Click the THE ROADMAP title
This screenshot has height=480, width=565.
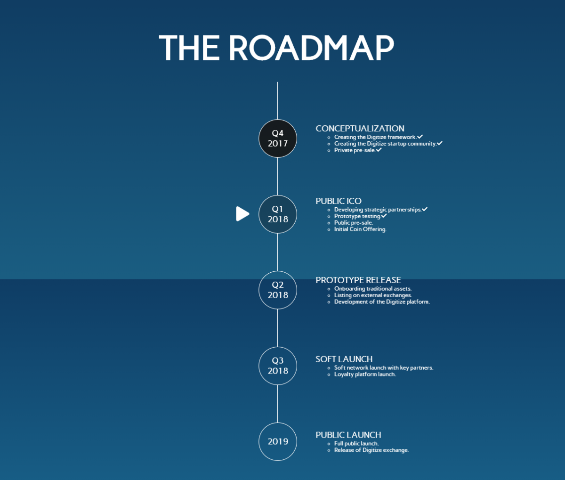[x=276, y=48]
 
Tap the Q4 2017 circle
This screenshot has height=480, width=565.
[x=278, y=138]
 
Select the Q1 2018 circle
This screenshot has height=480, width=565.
[x=278, y=214]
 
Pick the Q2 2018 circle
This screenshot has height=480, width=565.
[x=278, y=290]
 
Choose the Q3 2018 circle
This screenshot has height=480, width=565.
[x=278, y=366]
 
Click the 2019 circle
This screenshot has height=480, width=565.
[x=278, y=441]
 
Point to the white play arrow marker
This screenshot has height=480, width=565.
[x=242, y=213]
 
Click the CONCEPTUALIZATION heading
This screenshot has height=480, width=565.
[x=360, y=128]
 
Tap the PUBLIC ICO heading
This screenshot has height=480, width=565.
[x=339, y=201]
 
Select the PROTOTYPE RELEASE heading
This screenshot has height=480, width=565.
[x=358, y=280]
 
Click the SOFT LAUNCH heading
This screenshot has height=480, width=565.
[x=344, y=359]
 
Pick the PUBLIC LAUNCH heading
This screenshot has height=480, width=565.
[x=348, y=435]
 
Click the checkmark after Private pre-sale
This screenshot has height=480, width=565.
[x=379, y=150]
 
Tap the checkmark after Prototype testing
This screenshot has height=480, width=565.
[x=384, y=216]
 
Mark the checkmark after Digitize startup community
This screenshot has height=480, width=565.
[x=440, y=143]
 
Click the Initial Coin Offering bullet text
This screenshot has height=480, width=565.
[x=360, y=229]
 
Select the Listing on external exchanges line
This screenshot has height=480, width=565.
[x=373, y=295]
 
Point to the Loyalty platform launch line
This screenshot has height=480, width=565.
[x=365, y=374]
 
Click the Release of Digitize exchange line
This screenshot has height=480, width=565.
[x=371, y=450]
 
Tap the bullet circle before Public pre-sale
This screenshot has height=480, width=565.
[x=329, y=223]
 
